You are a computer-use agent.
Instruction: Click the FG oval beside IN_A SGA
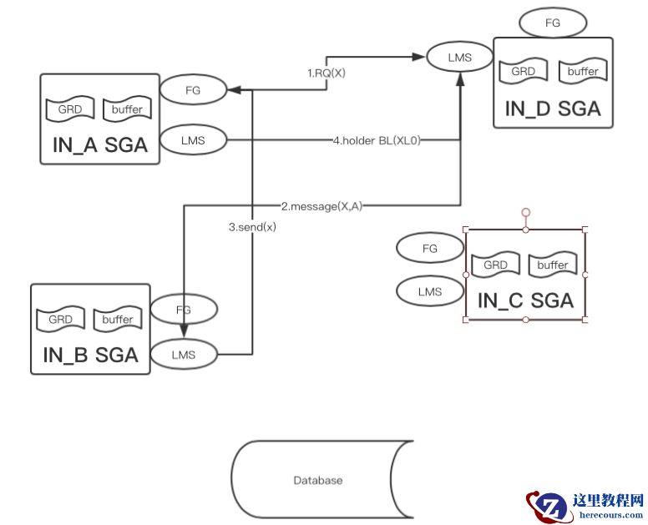pyautogui.click(x=192, y=89)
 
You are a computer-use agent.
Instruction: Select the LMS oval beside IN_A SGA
pyautogui.click(x=192, y=140)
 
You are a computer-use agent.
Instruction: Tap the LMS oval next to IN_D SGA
pyautogui.click(x=460, y=58)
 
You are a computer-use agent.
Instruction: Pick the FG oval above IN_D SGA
pyautogui.click(x=552, y=23)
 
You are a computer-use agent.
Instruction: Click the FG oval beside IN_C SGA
pyautogui.click(x=429, y=248)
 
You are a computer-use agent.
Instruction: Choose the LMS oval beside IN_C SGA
pyautogui.click(x=429, y=291)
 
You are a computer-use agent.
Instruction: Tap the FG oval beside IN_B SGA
pyautogui.click(x=183, y=310)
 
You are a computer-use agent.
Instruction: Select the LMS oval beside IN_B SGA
pyautogui.click(x=183, y=354)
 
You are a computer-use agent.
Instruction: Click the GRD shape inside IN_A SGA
pyautogui.click(x=70, y=109)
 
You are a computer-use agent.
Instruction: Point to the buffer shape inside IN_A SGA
pyautogui.click(x=126, y=109)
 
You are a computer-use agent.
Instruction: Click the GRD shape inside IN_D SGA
pyautogui.click(x=523, y=71)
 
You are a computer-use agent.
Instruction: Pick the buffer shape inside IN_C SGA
pyautogui.click(x=552, y=265)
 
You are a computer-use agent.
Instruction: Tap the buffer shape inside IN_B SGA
pyautogui.click(x=117, y=319)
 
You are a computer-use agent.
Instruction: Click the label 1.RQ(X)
pyautogui.click(x=327, y=73)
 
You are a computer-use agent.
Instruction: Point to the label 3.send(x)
pyautogui.click(x=252, y=226)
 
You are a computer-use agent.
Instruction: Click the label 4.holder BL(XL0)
pyautogui.click(x=377, y=141)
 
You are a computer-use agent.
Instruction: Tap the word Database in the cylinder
pyautogui.click(x=318, y=480)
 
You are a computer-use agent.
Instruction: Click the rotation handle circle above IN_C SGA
pyautogui.click(x=525, y=212)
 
